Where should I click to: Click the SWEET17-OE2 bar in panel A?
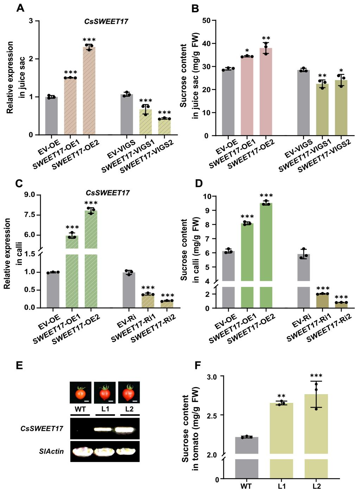click(89, 91)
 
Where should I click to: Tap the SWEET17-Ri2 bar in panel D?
click(341, 305)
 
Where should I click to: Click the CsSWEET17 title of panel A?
click(106, 21)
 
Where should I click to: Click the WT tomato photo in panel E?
click(81, 392)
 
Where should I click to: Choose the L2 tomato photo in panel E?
click(129, 392)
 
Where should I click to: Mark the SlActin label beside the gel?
click(51, 451)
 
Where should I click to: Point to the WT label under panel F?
click(246, 487)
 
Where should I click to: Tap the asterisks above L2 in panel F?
click(316, 376)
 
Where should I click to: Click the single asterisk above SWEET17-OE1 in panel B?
click(247, 51)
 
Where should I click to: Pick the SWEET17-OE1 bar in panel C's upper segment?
click(72, 243)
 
